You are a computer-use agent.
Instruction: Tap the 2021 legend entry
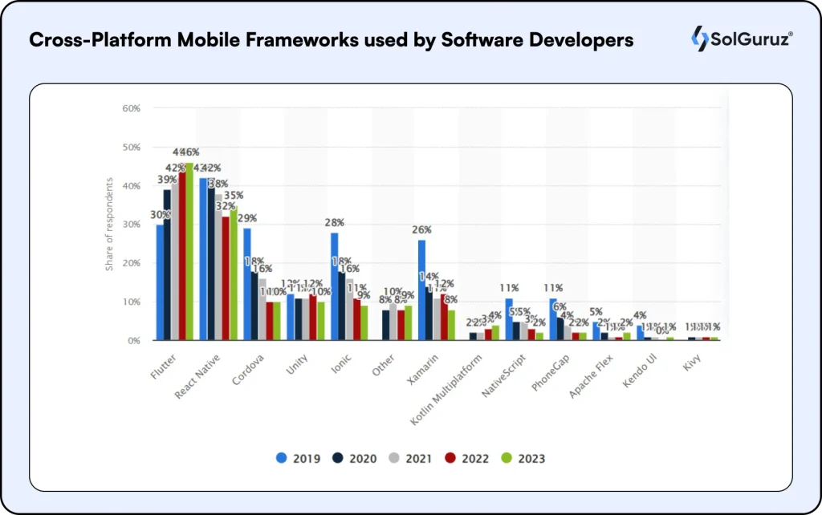410,459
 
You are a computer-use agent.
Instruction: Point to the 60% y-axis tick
131,108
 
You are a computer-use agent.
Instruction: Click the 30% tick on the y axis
131,225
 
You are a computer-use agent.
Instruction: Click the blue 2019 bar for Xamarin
421,290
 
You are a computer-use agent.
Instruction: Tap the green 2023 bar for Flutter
189,252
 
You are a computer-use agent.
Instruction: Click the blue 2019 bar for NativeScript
509,319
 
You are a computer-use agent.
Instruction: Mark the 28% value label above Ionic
335,223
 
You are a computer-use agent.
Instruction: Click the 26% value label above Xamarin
421,230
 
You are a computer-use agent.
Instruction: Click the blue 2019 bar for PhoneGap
553,319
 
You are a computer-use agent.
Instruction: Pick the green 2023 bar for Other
408,323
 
